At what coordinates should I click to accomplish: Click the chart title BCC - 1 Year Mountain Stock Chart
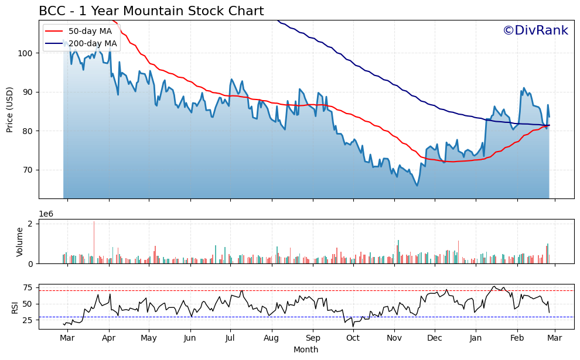151,11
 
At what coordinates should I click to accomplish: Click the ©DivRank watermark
535,30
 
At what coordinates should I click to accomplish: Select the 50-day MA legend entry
90,31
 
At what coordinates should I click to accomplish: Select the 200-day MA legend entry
93,43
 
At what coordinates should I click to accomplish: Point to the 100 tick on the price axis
28,53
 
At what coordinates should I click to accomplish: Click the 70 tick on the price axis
30,170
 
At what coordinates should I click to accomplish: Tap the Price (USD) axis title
10,110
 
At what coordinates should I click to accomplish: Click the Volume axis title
20,241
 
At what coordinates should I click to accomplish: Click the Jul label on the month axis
230,338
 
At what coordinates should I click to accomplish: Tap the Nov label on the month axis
394,338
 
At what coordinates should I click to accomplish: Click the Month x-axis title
306,350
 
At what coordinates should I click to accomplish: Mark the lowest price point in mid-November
417,186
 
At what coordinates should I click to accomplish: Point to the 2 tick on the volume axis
33,224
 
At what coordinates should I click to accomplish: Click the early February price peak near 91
524,88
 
